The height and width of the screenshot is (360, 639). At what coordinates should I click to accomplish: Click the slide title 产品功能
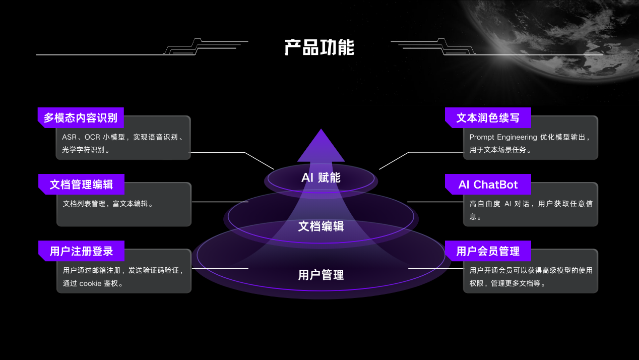click(319, 47)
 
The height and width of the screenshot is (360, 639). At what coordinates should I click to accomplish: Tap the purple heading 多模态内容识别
click(81, 118)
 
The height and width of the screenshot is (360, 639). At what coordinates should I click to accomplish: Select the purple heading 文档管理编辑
click(81, 185)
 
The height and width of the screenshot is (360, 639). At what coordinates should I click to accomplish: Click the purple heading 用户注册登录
click(81, 251)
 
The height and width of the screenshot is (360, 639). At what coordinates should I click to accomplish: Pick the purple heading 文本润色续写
click(487, 118)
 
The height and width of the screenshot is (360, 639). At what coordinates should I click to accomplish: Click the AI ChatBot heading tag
click(488, 185)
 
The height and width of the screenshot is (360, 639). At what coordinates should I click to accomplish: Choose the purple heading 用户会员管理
click(487, 251)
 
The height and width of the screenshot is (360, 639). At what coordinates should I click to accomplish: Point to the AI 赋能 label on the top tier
click(321, 177)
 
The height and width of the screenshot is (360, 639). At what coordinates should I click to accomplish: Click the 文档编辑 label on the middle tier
click(321, 226)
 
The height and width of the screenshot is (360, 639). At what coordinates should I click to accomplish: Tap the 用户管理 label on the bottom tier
click(321, 275)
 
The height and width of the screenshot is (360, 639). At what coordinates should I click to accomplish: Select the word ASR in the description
click(69, 137)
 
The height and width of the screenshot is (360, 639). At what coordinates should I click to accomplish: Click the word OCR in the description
click(92, 137)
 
